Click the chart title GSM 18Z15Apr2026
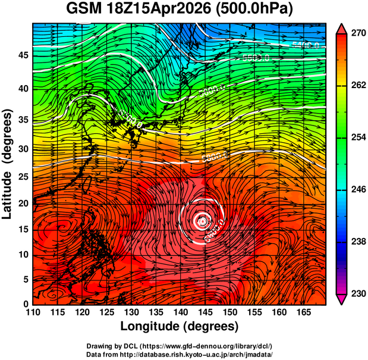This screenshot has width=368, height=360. pyautogui.click(x=142, y=9)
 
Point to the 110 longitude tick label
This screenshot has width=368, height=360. pyautogui.click(x=33, y=312)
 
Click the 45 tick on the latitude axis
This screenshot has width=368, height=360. pyautogui.click(x=22, y=55)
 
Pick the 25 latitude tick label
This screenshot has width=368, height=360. pyautogui.click(x=22, y=177)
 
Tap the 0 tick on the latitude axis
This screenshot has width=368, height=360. pyautogui.click(x=24, y=304)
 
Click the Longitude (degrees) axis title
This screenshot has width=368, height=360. pyautogui.click(x=180, y=326)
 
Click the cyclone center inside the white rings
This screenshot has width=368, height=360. pyautogui.click(x=202, y=221)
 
